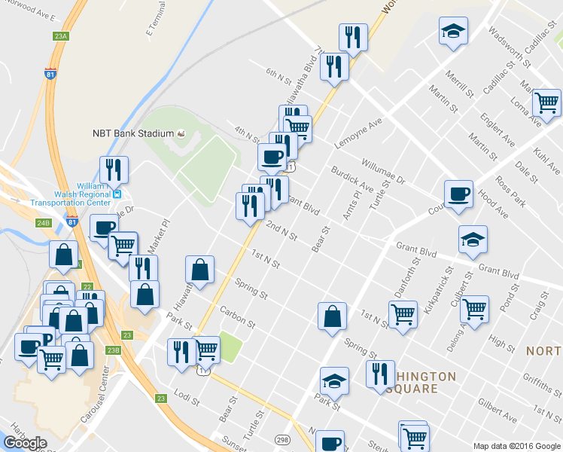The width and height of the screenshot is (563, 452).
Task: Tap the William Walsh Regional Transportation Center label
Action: click(x=71, y=193)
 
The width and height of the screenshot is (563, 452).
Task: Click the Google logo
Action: click(x=26, y=442)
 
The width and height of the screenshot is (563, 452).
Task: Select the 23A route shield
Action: click(x=62, y=35)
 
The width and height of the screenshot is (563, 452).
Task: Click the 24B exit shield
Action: click(x=43, y=222)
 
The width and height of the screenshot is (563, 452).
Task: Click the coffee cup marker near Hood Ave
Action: click(x=458, y=194)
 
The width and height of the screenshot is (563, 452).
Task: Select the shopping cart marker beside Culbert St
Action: click(x=474, y=309)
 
